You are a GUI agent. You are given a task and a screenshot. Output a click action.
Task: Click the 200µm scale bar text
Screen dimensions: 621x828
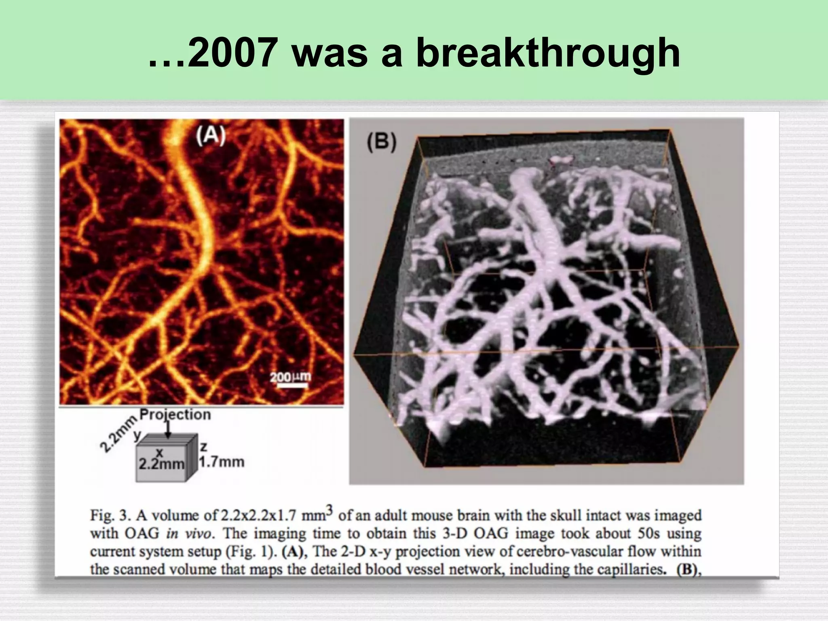click(290, 377)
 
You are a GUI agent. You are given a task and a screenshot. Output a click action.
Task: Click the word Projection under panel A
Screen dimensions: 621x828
click(175, 415)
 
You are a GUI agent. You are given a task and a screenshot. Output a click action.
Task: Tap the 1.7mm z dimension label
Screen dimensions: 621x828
click(222, 462)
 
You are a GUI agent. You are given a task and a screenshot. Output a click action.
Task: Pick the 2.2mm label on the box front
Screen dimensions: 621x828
click(161, 463)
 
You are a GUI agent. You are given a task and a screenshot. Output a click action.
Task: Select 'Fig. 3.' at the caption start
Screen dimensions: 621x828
click(110, 515)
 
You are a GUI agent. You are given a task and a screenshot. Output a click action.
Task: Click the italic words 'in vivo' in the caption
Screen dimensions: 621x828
click(188, 534)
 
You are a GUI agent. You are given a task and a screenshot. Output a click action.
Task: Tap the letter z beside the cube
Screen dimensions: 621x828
click(203, 447)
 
